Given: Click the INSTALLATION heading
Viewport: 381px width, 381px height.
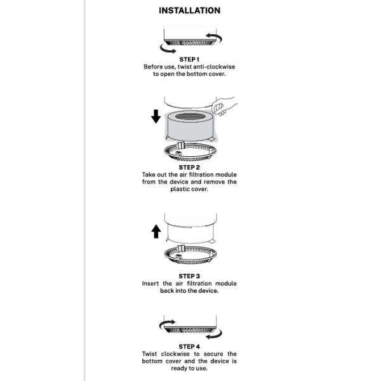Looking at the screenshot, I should (x=189, y=11).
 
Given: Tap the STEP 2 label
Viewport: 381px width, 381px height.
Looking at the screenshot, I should (x=189, y=168).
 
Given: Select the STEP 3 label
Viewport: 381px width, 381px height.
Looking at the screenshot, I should (x=189, y=276).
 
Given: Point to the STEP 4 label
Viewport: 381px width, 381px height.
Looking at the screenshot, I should (x=189, y=347).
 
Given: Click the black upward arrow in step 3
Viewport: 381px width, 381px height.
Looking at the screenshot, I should (x=156, y=232).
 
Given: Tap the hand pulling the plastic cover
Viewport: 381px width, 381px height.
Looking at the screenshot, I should (x=224, y=104).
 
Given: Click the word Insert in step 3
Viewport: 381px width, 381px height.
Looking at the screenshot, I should (x=151, y=284).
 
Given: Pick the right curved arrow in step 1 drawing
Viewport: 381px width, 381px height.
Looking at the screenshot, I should (x=215, y=39).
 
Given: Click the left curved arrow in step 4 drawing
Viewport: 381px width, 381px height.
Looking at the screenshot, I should (x=166, y=325).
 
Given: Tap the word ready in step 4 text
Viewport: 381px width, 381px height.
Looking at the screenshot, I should (x=180, y=368).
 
